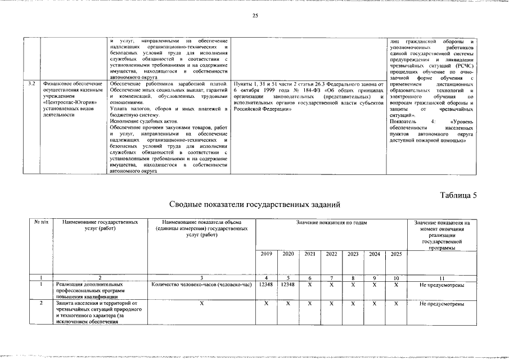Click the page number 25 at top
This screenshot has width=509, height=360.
[255, 15]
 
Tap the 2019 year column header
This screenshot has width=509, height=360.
[267, 254]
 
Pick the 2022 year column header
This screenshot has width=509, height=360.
[331, 254]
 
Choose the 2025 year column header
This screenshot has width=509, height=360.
[396, 254]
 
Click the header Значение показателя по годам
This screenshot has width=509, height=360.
[331, 223]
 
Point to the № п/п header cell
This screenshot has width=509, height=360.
[42, 223]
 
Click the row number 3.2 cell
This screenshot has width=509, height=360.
[33, 84]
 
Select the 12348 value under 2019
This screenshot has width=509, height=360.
[267, 285]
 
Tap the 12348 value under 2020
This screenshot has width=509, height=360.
[288, 285]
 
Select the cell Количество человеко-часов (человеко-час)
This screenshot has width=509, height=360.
[201, 285]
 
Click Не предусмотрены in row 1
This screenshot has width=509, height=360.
[442, 285]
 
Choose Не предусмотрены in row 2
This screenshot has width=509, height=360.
[442, 304]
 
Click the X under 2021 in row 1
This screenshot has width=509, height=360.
[309, 285]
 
